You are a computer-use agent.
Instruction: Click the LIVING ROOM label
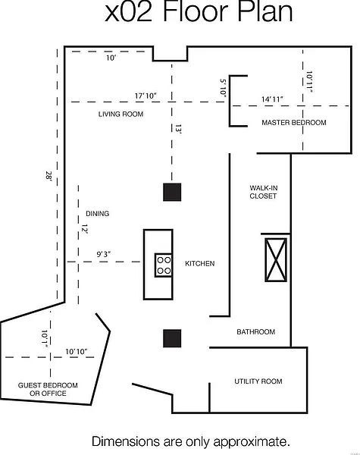pos(121,114)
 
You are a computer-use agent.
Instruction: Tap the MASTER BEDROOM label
pos(294,123)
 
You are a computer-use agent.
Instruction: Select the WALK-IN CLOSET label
pos(264,192)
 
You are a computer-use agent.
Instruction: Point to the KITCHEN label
pos(200,263)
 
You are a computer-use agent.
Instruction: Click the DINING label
pos(98,214)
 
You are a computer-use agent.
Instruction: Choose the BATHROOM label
pos(256,332)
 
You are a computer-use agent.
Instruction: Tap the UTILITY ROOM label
pos(258,381)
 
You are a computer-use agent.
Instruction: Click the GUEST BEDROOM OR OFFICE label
pos(48,390)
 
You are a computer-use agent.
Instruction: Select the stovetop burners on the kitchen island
pos(164,265)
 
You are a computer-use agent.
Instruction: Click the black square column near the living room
pos(172,192)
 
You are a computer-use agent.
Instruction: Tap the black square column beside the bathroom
pos(172,338)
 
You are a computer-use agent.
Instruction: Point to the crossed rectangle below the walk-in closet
pos(276,260)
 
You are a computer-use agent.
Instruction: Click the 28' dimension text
pos(49,176)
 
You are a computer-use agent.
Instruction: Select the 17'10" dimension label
pos(146,96)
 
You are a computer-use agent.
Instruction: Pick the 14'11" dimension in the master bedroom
pos(272,99)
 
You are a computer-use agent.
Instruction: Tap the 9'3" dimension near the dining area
pos(104,255)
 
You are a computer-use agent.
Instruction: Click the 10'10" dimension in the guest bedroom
pos(77,352)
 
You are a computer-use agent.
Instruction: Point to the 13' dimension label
pos(178,129)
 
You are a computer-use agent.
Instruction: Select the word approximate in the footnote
pos(252,442)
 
